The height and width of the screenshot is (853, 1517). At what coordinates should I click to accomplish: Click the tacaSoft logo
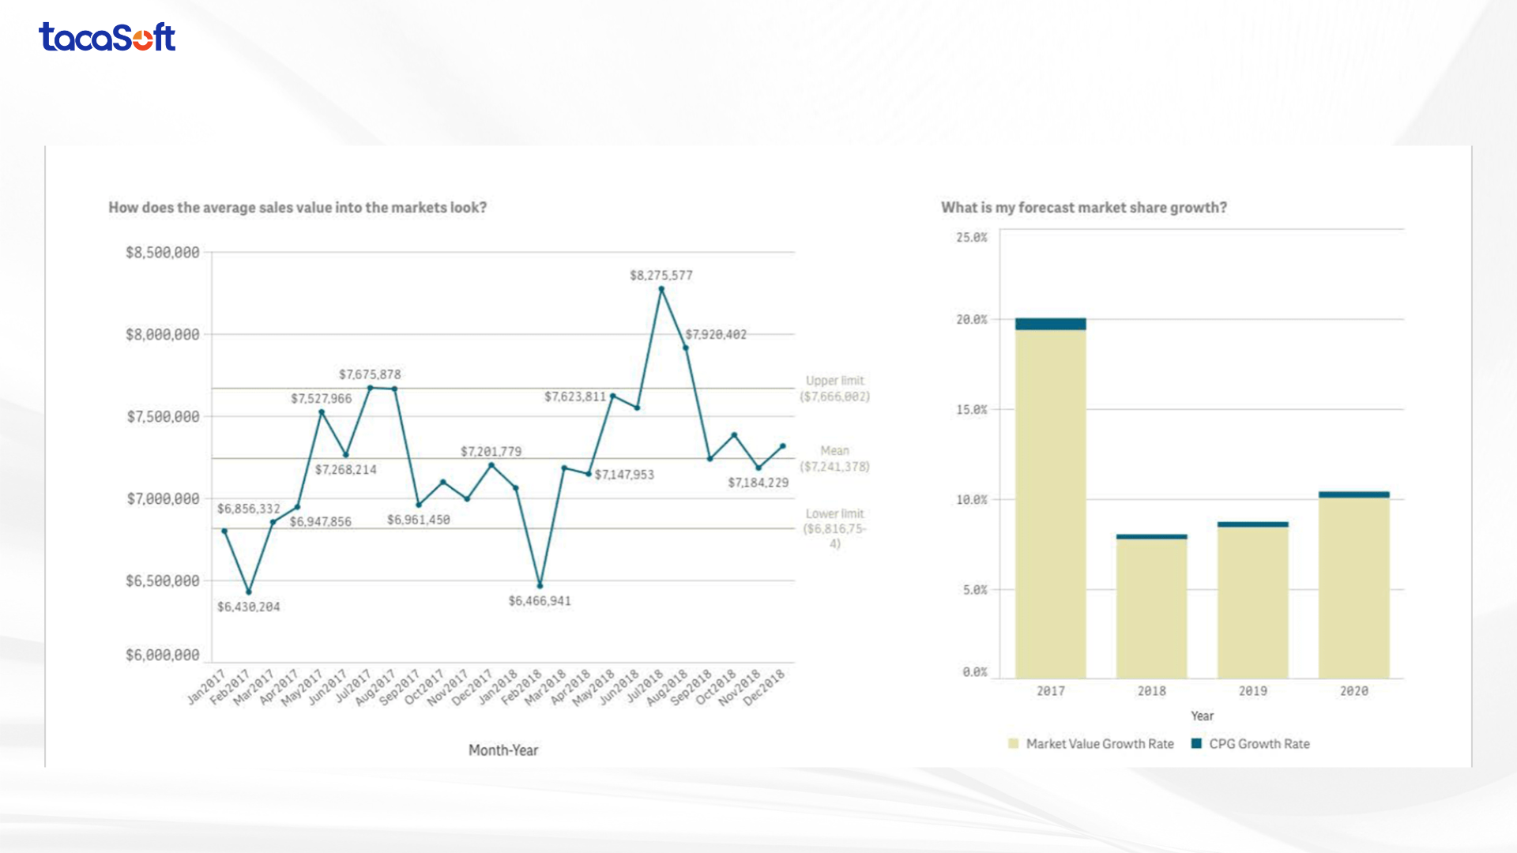tap(107, 37)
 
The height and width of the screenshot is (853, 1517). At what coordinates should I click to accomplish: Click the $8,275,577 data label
tap(661, 276)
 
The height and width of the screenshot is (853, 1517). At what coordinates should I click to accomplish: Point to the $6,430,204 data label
tap(248, 607)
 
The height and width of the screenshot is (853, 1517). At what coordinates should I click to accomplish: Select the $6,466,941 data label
tap(540, 601)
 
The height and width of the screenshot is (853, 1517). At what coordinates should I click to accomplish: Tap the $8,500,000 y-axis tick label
tap(162, 253)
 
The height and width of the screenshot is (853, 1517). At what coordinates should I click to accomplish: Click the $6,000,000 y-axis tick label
tap(162, 655)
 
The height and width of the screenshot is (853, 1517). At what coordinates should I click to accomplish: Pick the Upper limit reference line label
tap(834, 389)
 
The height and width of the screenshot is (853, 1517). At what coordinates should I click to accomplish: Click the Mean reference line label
tap(834, 459)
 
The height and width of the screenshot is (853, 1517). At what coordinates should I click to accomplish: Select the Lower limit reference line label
tap(834, 528)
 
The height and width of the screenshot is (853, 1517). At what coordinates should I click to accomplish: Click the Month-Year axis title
tap(503, 750)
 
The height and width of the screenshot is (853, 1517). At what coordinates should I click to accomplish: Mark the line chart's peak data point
tap(661, 289)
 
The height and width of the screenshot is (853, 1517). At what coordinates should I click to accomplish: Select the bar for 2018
tap(1151, 608)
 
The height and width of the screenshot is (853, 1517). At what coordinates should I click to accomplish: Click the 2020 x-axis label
tap(1353, 691)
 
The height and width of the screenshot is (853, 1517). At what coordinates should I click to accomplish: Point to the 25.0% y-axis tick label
tap(972, 238)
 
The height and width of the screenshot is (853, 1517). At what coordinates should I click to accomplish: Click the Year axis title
tap(1202, 716)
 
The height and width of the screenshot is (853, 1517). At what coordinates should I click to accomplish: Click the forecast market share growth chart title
tap(1083, 208)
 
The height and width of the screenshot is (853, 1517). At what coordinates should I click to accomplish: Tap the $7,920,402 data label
tap(715, 335)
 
